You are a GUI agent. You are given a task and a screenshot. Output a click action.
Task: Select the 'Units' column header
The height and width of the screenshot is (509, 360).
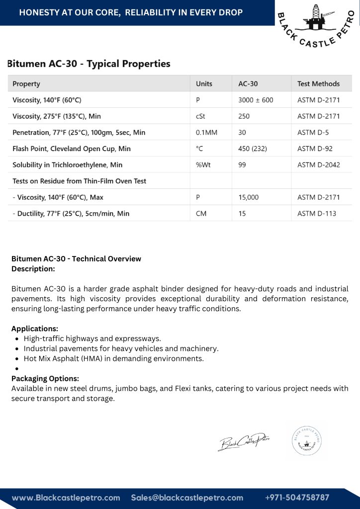click(x=204, y=84)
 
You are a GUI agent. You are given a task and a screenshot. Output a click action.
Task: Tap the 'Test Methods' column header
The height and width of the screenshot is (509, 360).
click(x=318, y=84)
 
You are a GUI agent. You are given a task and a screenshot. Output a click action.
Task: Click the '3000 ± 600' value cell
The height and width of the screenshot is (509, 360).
click(x=256, y=100)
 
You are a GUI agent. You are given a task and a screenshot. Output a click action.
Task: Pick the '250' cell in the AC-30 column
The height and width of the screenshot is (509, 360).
click(x=244, y=116)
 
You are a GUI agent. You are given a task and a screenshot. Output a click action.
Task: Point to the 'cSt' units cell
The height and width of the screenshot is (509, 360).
click(x=201, y=116)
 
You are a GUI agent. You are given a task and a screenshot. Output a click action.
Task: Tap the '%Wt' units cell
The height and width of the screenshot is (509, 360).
click(x=203, y=165)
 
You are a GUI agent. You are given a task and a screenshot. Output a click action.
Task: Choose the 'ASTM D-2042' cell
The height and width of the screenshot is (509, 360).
click(x=318, y=165)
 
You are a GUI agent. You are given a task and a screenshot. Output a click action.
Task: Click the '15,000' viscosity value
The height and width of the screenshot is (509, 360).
click(x=249, y=197)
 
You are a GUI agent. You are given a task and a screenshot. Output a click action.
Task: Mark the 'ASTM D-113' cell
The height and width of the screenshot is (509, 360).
click(x=317, y=213)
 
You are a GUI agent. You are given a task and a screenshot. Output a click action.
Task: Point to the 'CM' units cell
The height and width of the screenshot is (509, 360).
click(x=201, y=213)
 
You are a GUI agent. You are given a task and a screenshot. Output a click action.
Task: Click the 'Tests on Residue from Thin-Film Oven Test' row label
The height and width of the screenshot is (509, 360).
click(x=80, y=181)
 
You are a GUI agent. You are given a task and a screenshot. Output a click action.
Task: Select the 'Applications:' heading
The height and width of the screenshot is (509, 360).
click(x=35, y=329)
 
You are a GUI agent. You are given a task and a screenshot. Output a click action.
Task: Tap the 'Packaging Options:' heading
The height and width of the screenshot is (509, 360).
click(x=45, y=378)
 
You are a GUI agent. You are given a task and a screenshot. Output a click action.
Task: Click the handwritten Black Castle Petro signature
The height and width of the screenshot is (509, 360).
click(x=244, y=441)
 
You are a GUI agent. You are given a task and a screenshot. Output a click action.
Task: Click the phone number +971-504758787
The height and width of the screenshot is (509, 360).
click(x=297, y=497)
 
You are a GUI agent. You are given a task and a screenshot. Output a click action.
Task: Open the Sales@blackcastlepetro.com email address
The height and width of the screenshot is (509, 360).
click(x=187, y=497)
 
